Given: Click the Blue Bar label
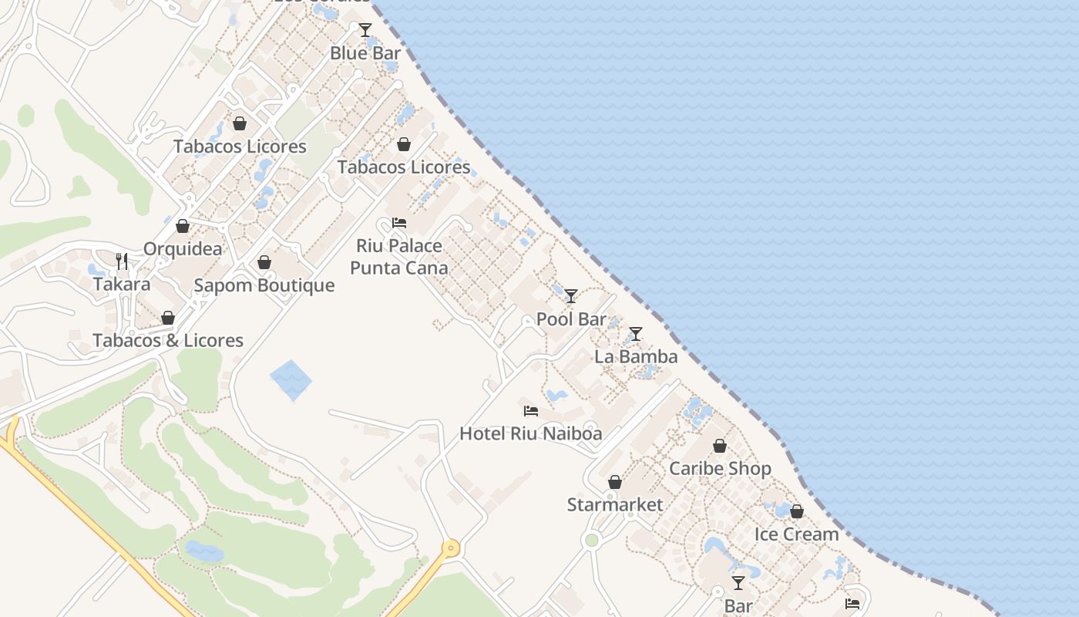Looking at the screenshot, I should pos(365,53).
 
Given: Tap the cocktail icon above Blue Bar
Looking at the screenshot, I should pos(365,30).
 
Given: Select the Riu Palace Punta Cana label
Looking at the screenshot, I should pos(399,257).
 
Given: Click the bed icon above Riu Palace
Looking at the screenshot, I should pos(399,223).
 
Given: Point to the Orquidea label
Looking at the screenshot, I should pos(183,248).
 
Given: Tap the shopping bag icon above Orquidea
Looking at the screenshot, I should pos(183,226).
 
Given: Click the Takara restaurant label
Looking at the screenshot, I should pos(122,284).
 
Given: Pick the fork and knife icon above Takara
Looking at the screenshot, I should pos(122,261).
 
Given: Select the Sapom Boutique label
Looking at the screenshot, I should pos(264,285).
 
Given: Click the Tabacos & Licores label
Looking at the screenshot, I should pos(168,340).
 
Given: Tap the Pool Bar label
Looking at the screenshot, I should pos(571,319).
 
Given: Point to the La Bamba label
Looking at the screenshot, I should pos(636,356).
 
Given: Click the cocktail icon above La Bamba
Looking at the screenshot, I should pos(636,334).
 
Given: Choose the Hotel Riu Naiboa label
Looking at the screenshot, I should pos(531,433).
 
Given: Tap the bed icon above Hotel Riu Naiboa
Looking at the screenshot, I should pos(531,410).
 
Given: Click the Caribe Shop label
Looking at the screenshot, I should pos(720,468).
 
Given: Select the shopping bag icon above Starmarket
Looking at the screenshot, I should pos(615,483).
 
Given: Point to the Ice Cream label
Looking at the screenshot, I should pos(797,534).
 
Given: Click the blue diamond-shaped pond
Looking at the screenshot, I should pos(291,380).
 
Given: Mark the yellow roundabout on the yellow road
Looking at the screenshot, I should pos(450,548).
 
